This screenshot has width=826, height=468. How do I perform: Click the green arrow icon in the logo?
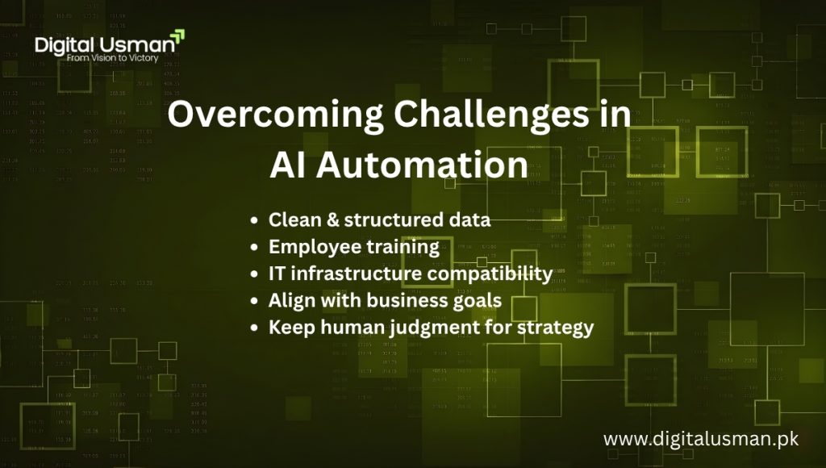(x=177, y=36)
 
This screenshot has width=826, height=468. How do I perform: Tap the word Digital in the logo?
(x=64, y=45)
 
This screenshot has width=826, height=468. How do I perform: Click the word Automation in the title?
(x=422, y=165)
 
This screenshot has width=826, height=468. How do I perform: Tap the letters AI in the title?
(x=288, y=165)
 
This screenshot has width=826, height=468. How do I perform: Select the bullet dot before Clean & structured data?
(x=255, y=220)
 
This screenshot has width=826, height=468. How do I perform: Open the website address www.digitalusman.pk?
(x=700, y=440)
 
